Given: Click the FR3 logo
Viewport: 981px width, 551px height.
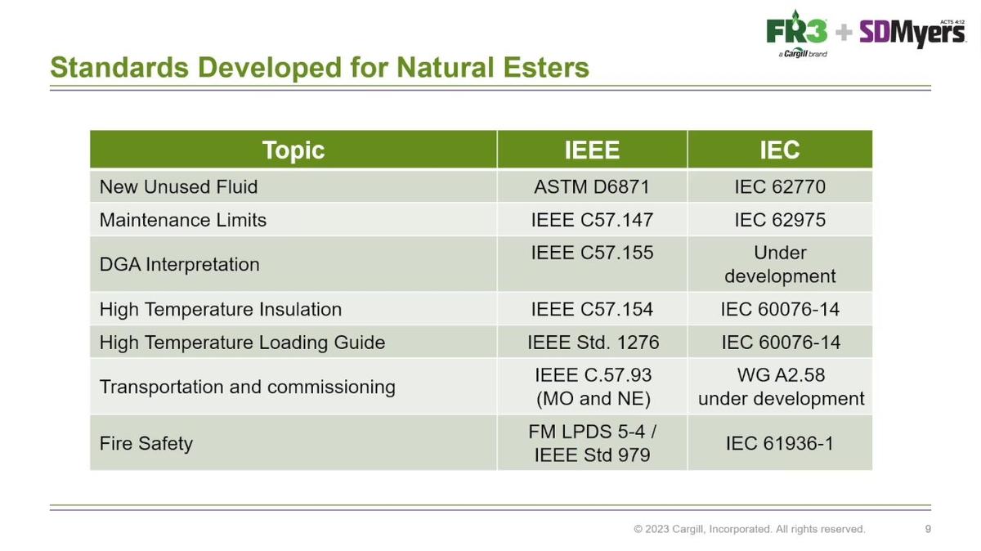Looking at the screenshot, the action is [797, 34].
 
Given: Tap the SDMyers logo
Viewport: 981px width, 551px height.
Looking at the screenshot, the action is [912, 34].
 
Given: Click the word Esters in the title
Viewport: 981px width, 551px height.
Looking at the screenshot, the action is [546, 67].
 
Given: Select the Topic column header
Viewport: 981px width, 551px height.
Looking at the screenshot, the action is [293, 150].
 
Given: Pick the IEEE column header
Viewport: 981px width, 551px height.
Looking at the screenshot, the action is [592, 150].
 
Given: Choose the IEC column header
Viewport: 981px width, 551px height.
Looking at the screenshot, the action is [780, 150].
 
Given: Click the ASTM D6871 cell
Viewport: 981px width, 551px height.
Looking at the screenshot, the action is [592, 187].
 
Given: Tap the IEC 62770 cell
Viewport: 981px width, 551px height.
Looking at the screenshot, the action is [780, 187].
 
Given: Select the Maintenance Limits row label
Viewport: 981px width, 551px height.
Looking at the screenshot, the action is [182, 220].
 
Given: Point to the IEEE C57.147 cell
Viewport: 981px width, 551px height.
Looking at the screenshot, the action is [592, 220].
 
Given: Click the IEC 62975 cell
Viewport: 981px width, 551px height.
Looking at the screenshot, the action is [780, 220].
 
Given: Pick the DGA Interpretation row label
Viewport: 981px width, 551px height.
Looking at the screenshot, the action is [180, 265].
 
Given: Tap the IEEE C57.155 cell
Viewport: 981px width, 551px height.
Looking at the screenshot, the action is [592, 253].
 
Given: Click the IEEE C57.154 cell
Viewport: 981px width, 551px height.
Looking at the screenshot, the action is [592, 309].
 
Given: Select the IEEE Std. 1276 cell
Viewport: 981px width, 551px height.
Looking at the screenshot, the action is [593, 342].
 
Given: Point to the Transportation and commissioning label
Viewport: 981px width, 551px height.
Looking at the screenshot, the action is [248, 387].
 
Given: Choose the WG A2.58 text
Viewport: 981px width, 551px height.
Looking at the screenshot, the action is [781, 375].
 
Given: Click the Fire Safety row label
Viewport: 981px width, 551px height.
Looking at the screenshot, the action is [146, 443].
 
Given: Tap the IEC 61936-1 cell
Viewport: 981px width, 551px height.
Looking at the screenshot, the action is [780, 443].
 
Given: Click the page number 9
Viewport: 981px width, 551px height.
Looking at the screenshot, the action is [928, 529].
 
